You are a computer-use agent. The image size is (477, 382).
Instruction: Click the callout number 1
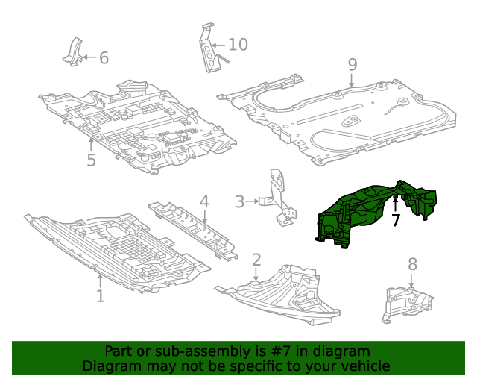click(100, 295)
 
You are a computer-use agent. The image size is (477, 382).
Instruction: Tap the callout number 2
click(256, 260)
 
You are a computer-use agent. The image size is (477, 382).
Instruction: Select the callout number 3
click(239, 201)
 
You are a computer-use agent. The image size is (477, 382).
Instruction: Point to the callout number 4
click(203, 201)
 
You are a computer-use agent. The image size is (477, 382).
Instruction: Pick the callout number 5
click(91, 160)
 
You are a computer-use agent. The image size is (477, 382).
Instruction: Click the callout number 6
click(104, 57)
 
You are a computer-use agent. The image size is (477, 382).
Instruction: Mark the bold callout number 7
click(396, 220)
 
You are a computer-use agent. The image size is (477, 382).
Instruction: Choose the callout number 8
click(412, 264)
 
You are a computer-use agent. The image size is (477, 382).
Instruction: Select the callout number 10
click(237, 45)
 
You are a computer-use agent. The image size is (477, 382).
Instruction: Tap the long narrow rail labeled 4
click(192, 228)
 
